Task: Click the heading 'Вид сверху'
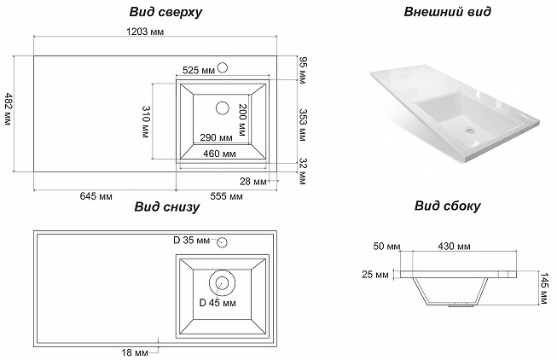(x=167, y=12)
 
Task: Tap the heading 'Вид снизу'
(x=167, y=206)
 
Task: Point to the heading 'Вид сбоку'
(x=447, y=206)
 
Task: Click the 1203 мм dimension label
(x=145, y=32)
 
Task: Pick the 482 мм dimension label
(x=8, y=109)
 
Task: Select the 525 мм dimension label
(x=199, y=70)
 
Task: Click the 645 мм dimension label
(x=96, y=197)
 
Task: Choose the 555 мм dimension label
(x=225, y=197)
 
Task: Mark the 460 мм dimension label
(x=219, y=154)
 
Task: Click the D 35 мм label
(x=191, y=241)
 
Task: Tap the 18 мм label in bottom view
(x=136, y=352)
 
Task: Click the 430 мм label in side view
(x=453, y=247)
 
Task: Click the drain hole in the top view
(x=223, y=107)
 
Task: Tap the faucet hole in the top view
(x=223, y=67)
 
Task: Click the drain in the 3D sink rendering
(x=470, y=132)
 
